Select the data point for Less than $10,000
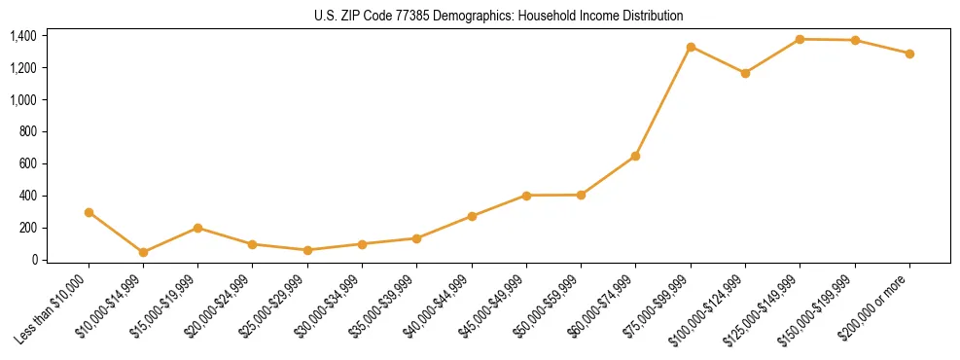click(89, 212)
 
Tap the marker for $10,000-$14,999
click(143, 252)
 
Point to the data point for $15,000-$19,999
click(197, 228)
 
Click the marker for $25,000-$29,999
click(307, 250)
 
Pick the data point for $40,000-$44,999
click(472, 216)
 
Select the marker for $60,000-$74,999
click(635, 156)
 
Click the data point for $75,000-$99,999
click(691, 47)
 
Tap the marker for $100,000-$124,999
click(745, 73)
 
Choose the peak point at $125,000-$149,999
click(800, 39)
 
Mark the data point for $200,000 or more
click(909, 54)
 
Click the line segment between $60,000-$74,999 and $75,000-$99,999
click(663, 101)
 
